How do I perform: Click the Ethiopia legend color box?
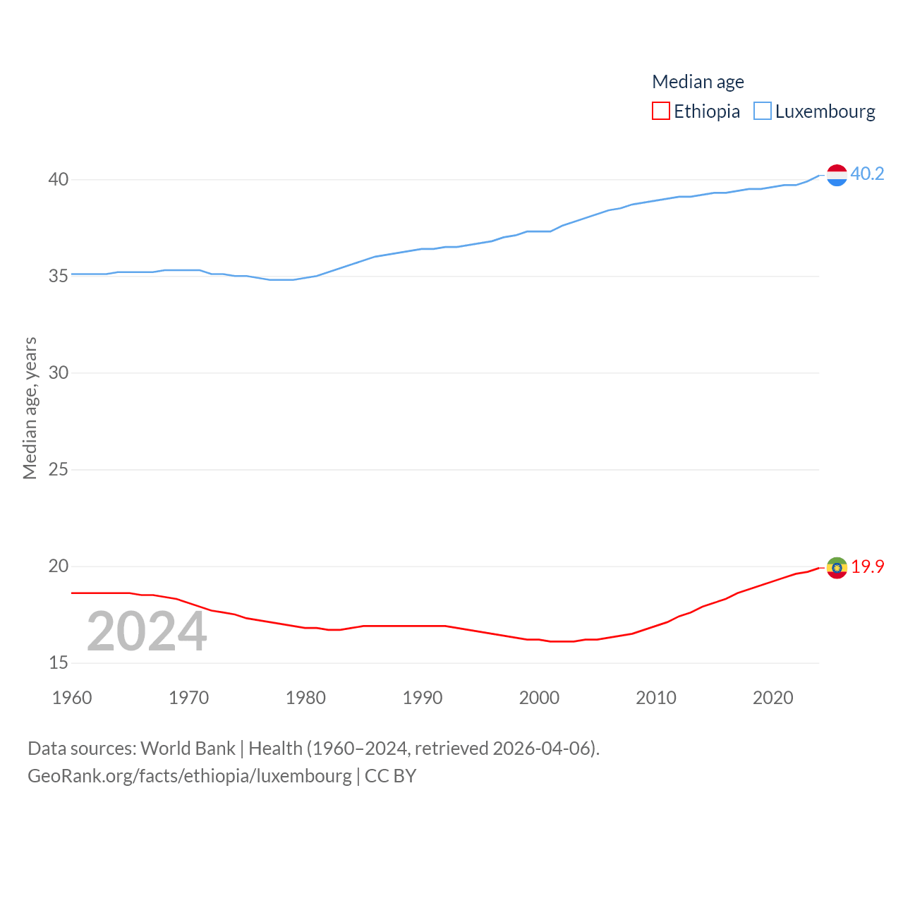tap(660, 111)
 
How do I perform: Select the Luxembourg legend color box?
tap(763, 111)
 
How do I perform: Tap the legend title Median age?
tap(698, 82)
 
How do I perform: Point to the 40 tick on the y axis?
tap(59, 179)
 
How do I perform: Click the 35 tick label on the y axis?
tap(59, 276)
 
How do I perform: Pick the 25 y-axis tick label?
tap(59, 469)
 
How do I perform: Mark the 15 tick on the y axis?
tap(59, 662)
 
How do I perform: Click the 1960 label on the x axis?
tap(72, 698)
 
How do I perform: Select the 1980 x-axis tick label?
tap(305, 698)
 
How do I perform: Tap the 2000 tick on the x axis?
tap(539, 698)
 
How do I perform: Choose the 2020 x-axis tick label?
tap(772, 698)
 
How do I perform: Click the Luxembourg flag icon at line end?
tap(837, 175)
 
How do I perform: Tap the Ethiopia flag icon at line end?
tap(837, 567)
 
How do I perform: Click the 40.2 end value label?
tap(867, 174)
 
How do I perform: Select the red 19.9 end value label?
tap(867, 566)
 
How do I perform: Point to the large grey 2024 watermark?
tap(147, 631)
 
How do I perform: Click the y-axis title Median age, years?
tap(30, 408)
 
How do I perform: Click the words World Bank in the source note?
tap(188, 749)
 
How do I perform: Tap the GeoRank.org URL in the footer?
tap(189, 776)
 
